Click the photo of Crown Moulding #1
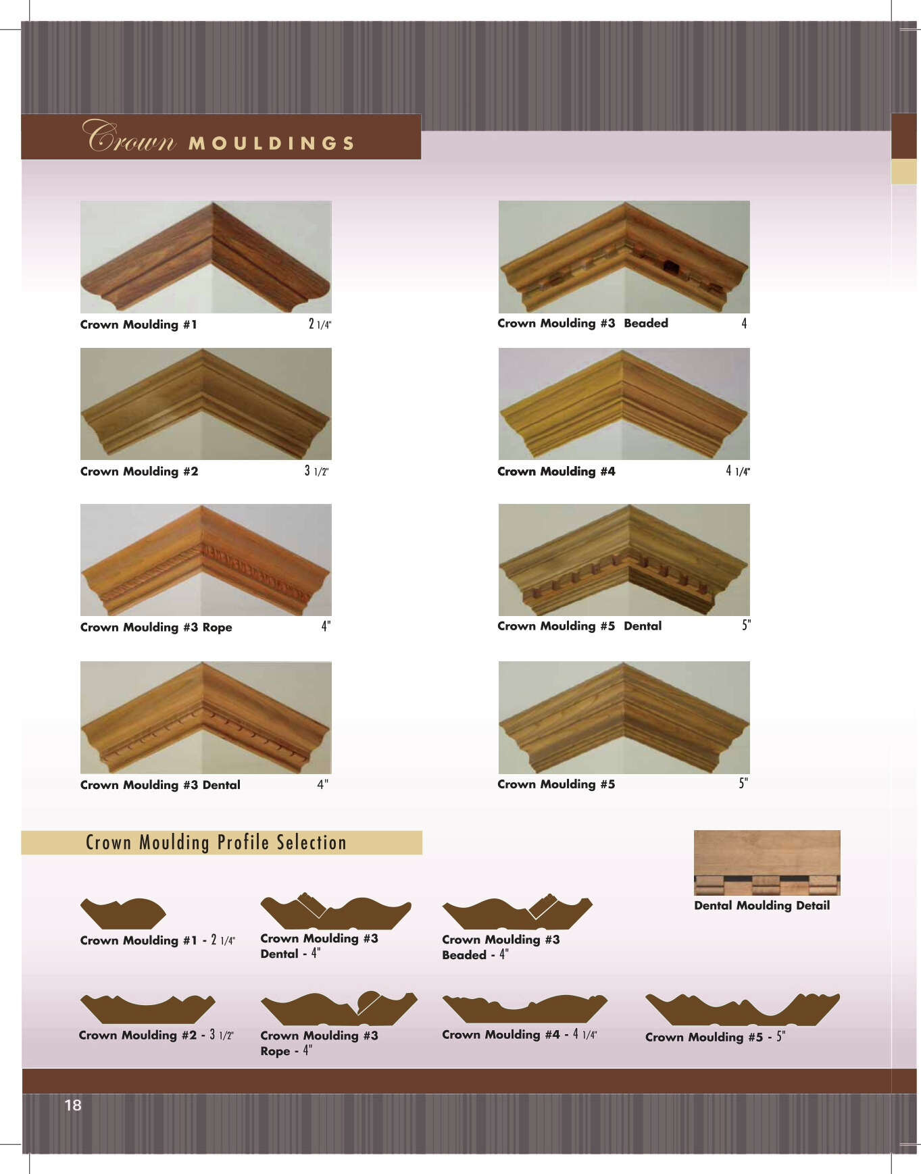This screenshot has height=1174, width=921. click(206, 257)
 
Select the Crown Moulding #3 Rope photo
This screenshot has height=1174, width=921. click(206, 560)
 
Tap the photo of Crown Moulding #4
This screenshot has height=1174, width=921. click(624, 404)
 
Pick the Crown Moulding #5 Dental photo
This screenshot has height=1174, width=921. click(624, 560)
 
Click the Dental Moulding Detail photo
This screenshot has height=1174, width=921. click(767, 863)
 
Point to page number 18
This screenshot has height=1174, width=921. click(73, 1105)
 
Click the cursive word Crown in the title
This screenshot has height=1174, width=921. click(129, 136)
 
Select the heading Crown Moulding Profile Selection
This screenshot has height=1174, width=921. click(216, 842)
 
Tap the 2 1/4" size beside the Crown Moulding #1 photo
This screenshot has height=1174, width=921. click(320, 324)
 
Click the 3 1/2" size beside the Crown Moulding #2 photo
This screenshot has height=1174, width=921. click(317, 471)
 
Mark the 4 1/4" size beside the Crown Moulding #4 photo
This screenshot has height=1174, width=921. click(738, 471)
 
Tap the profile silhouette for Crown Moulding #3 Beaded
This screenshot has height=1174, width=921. click(518, 913)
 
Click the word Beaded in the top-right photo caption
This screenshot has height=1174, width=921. click(646, 323)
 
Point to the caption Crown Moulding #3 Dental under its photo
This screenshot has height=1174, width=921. click(160, 785)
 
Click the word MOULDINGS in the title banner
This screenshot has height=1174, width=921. click(272, 143)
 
